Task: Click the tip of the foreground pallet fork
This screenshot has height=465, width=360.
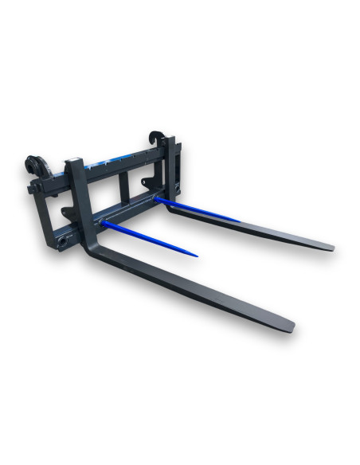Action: (x=291, y=327)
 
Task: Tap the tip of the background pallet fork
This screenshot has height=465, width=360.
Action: (x=331, y=248)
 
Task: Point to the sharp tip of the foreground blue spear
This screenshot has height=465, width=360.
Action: (x=197, y=256)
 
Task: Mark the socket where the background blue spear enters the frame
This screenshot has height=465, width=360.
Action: (x=158, y=198)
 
